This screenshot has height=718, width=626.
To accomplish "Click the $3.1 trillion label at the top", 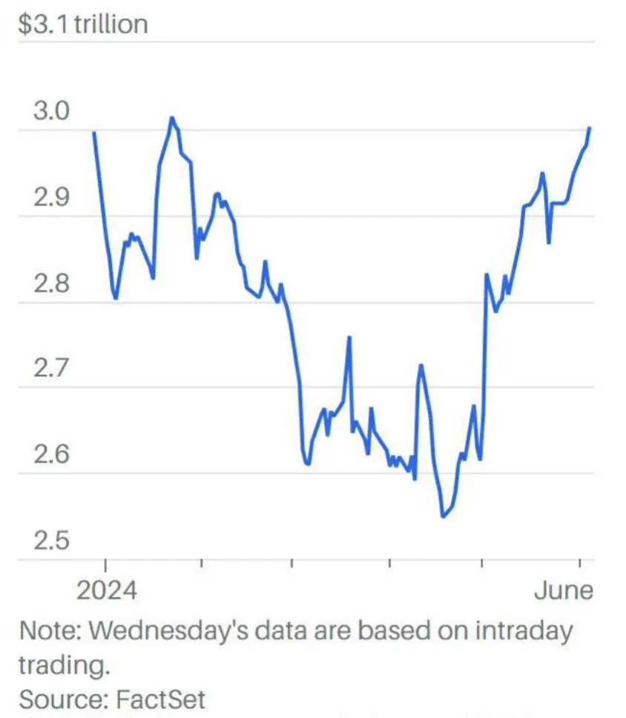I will click(83, 24).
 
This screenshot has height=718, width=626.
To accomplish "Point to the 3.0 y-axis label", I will click(52, 112).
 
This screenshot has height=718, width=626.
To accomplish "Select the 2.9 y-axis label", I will click(52, 198).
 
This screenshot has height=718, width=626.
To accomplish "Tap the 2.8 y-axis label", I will click(52, 284).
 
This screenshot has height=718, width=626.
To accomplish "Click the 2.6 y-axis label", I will click(52, 454).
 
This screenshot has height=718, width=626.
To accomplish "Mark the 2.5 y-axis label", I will click(52, 541).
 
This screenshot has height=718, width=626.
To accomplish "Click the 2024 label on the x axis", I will click(107, 590).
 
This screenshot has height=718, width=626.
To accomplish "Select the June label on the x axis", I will click(564, 590).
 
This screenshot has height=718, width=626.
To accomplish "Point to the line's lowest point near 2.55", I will click(443, 516).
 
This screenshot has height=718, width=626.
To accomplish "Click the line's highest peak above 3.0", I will click(172, 117).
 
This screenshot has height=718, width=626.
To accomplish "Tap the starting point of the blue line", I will click(93, 133).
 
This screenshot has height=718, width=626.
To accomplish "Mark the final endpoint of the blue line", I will click(590, 128).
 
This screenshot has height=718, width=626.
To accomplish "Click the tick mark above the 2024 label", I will click(105, 565).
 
